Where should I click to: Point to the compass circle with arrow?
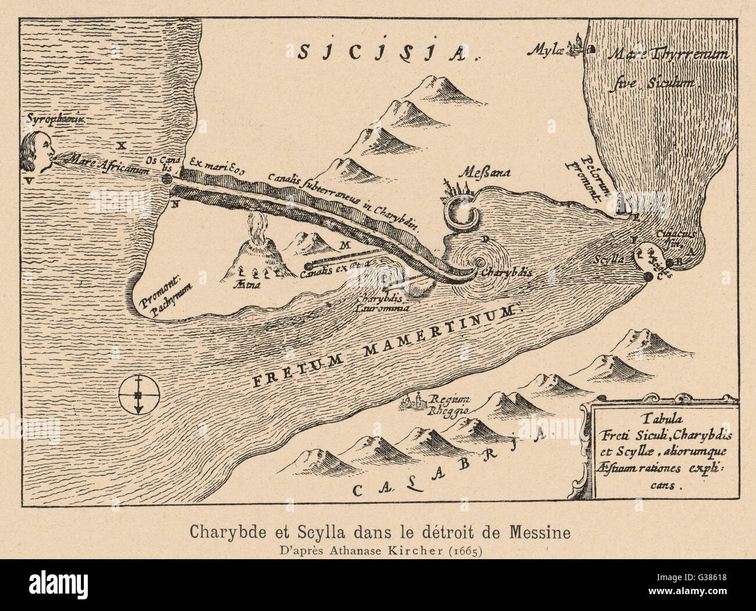138,396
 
